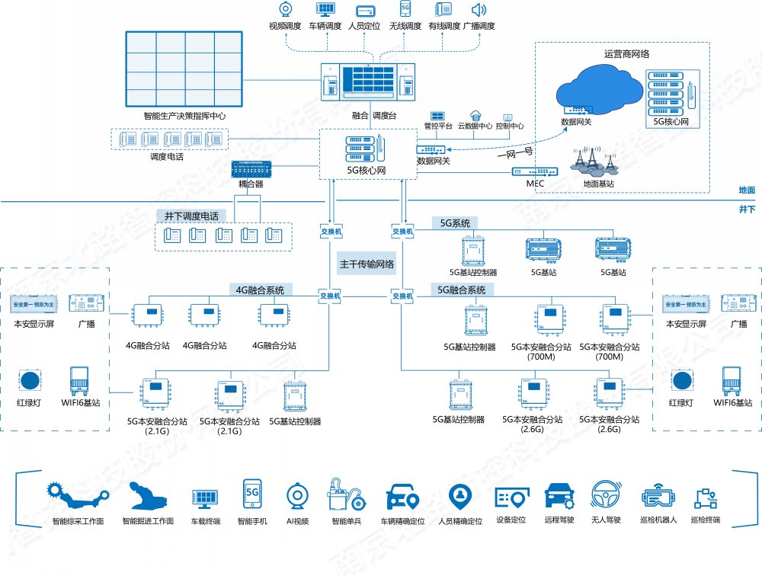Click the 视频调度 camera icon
tap(287, 9)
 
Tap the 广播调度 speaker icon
tap(479, 10)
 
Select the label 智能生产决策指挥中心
tap(184, 117)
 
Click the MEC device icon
tap(535, 173)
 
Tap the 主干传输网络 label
tap(367, 265)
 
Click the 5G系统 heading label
tap(456, 222)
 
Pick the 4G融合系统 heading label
tap(259, 290)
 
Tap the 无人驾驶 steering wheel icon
tap(607, 495)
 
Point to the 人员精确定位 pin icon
tap(460, 496)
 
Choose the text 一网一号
tap(515, 152)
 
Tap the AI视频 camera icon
tap(298, 497)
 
